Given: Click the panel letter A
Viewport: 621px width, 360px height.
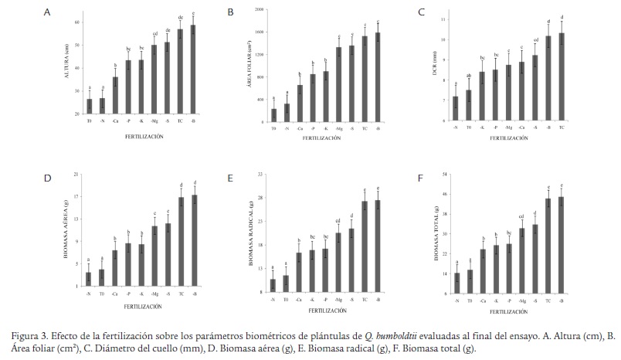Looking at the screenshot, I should [48, 13].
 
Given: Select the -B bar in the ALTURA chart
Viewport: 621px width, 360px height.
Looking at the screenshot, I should [193, 70].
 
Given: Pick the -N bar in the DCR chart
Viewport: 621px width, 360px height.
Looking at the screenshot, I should [456, 109].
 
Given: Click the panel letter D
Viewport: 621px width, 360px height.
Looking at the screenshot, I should [48, 178].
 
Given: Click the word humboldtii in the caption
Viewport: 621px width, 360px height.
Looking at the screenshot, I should [397, 336].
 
